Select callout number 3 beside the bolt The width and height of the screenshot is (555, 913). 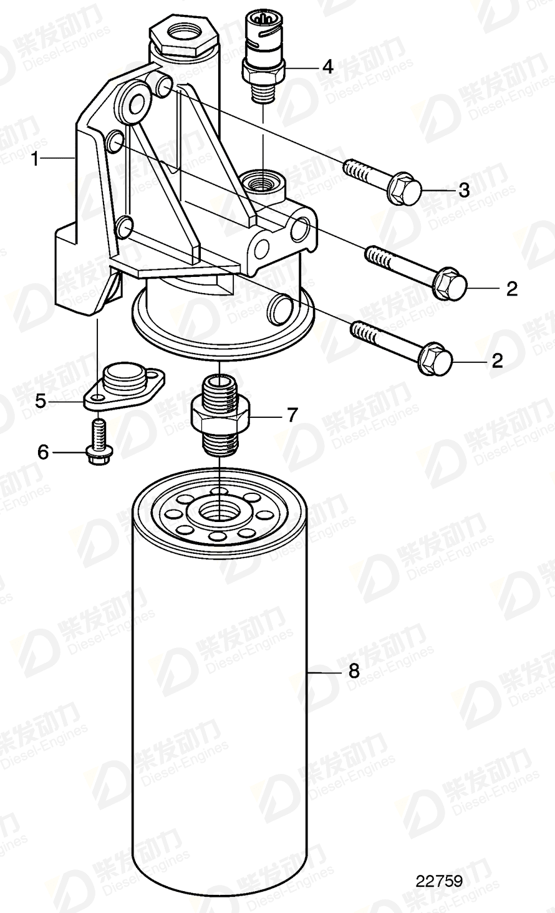[x=463, y=190]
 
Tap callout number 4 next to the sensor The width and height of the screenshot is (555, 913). [x=328, y=67]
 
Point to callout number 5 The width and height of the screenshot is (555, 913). [x=41, y=401]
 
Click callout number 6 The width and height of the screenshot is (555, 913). [x=43, y=452]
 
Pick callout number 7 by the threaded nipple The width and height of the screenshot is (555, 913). [x=292, y=415]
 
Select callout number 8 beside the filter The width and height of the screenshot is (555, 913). [x=354, y=672]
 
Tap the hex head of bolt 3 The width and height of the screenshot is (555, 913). [x=404, y=186]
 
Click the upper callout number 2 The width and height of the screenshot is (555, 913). [x=511, y=289]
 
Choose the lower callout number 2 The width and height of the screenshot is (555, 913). [x=497, y=361]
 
